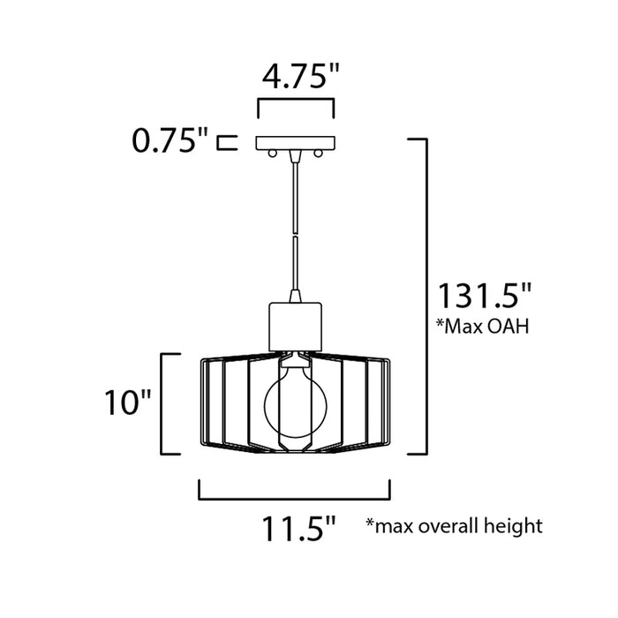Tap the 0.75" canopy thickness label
pos(169,139)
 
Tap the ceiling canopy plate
pos(295,141)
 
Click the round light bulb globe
pos(295,403)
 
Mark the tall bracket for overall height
pos(424,296)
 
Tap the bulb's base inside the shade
pos(295,360)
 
